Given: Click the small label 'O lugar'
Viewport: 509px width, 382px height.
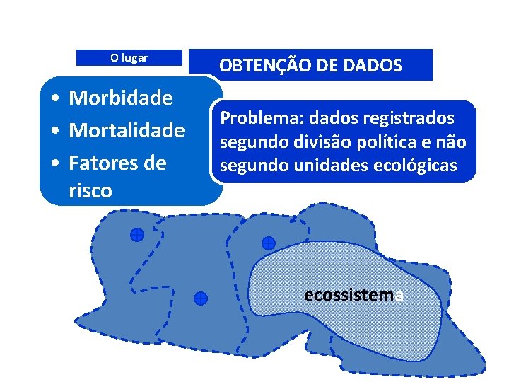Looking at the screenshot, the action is [x=129, y=58].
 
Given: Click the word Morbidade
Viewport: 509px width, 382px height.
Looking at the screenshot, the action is [x=120, y=98].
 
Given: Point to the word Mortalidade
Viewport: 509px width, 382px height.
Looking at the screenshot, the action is [x=127, y=130].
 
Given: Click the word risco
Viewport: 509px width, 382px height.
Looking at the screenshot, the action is [x=90, y=190].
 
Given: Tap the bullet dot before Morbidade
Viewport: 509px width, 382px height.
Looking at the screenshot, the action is [x=54, y=98].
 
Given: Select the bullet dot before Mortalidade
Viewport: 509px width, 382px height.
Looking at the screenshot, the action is [x=54, y=131].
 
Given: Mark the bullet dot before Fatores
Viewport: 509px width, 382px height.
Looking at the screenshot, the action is [x=54, y=163].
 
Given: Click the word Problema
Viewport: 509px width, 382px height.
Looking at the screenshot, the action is [x=253, y=118].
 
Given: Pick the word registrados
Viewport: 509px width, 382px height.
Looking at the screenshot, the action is [x=410, y=118].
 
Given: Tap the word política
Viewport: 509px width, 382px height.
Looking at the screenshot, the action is [x=381, y=142].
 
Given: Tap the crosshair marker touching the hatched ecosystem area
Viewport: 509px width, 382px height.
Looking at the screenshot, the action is [x=268, y=243].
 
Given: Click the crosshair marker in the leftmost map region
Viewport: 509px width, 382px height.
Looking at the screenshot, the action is [x=137, y=234].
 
